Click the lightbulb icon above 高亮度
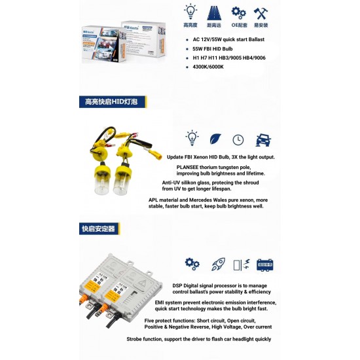tap(190, 11)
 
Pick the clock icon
tap(238, 139)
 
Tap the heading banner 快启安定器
tap(98, 229)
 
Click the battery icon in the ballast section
tap(265, 264)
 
